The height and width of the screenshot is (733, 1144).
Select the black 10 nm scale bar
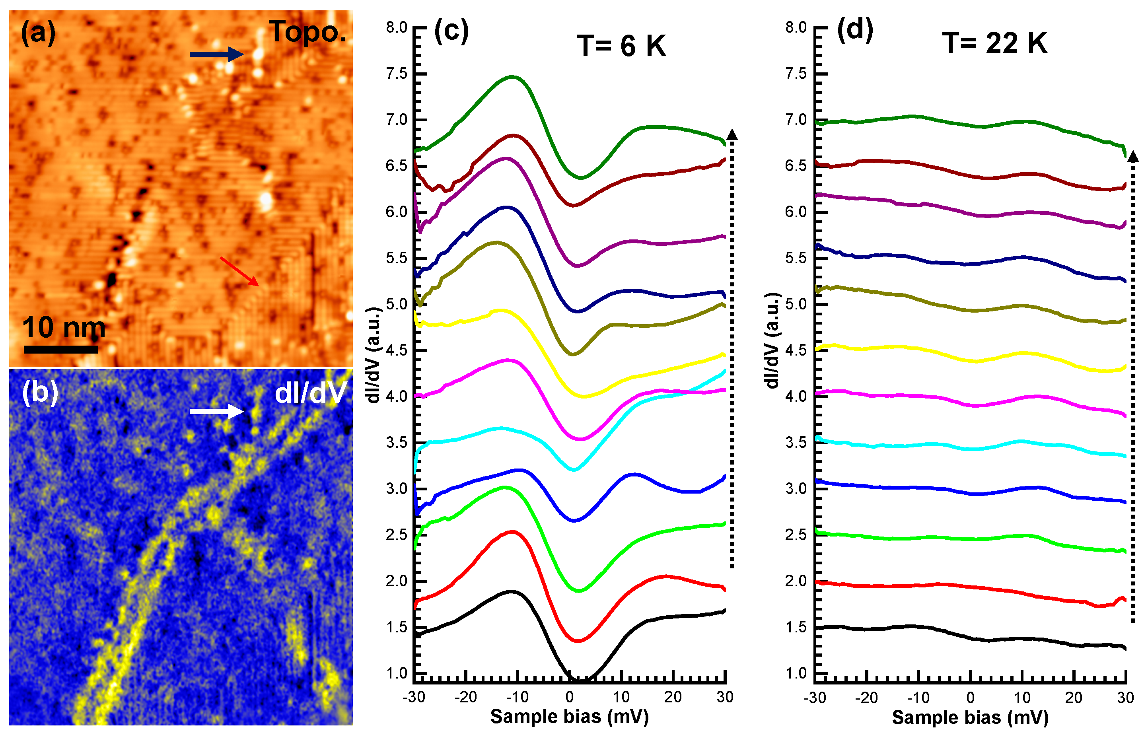point(60,349)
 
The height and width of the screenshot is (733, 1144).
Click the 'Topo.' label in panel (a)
point(307,32)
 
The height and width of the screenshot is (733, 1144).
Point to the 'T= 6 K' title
point(621,46)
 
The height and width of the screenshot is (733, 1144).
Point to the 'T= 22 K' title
point(995,43)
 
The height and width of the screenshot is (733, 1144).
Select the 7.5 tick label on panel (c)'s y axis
point(397,73)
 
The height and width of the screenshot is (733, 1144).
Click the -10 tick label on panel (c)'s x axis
point(517,697)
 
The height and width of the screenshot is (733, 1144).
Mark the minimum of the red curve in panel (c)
point(578,641)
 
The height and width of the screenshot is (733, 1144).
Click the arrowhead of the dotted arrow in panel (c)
point(732,135)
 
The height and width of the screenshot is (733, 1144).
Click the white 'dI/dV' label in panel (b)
point(310,394)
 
